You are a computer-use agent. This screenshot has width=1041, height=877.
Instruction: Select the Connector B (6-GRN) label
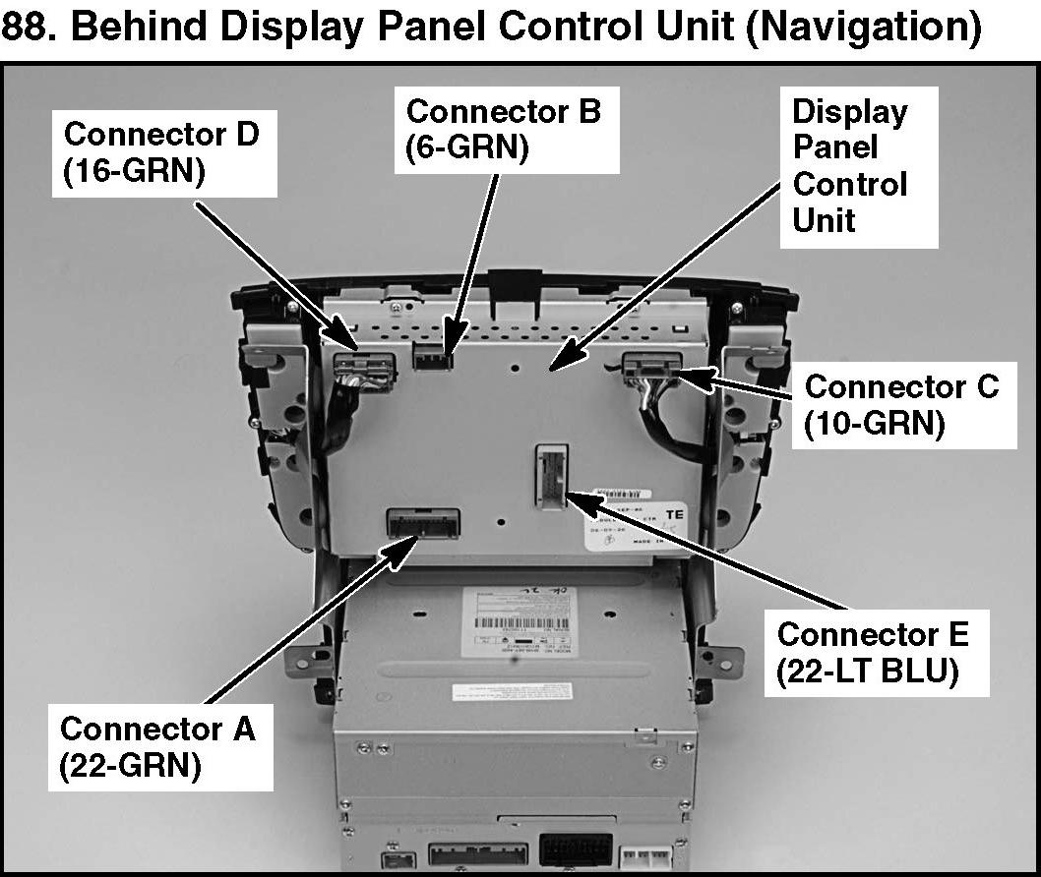coord(503,129)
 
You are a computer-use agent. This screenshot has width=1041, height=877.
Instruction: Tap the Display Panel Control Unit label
coord(850,166)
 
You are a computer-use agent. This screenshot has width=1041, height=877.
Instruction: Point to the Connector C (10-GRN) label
coord(900,404)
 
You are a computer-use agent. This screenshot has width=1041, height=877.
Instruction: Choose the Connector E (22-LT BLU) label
coord(872,653)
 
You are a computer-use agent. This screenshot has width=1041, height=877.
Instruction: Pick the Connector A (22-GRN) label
coord(157,747)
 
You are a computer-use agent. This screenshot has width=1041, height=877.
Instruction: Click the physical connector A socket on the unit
coord(424,524)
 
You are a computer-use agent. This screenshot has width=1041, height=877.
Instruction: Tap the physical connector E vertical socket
coord(551,475)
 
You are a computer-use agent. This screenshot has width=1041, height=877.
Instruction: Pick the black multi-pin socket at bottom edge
coord(574,848)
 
